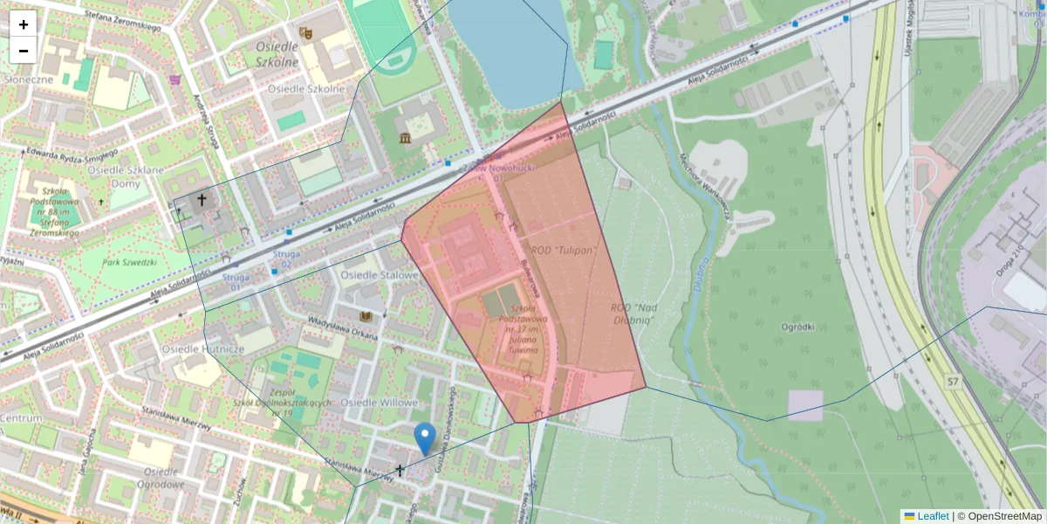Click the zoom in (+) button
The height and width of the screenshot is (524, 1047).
[24, 24]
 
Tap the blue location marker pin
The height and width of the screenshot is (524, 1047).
[425, 438]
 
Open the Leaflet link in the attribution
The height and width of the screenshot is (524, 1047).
[932, 516]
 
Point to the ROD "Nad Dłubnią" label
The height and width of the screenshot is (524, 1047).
[634, 314]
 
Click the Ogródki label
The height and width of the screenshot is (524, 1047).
[798, 327]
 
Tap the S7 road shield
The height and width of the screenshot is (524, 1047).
[954, 382]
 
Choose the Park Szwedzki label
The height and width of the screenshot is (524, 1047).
[129, 262]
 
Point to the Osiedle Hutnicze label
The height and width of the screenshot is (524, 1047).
[203, 348]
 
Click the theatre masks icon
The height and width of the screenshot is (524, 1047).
[305, 33]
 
